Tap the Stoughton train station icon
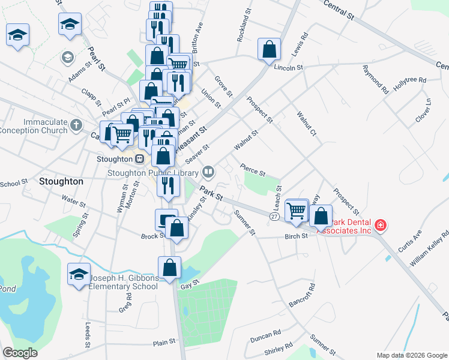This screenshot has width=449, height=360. [139, 159]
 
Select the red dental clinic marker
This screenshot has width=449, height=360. [379, 226]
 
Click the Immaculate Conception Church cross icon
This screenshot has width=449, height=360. [75, 125]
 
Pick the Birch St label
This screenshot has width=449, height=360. [296, 236]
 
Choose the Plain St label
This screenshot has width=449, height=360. [164, 342]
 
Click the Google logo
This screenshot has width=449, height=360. [20, 353]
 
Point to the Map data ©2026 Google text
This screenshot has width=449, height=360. [411, 355]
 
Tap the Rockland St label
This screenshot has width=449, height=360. [244, 28]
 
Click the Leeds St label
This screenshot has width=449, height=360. [88, 335]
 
